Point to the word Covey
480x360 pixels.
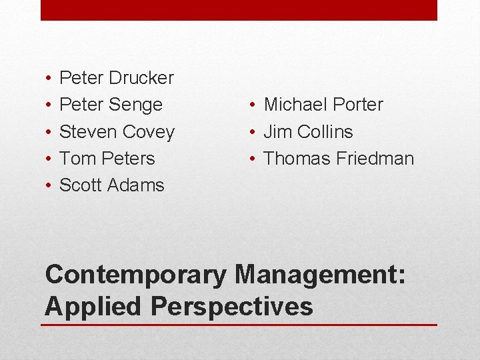pos(150,132)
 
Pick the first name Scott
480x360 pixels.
pos(79,185)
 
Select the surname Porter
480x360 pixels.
pos(359,105)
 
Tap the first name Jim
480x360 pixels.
pos(277,132)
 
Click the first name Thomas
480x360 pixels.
pos(297,159)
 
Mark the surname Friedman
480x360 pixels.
pos(375,159)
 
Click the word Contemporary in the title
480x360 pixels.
pos(135,275)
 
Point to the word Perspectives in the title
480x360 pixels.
pos(232,307)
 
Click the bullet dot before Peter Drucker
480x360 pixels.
pos(51,79)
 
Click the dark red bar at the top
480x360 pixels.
pos(239,10)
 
